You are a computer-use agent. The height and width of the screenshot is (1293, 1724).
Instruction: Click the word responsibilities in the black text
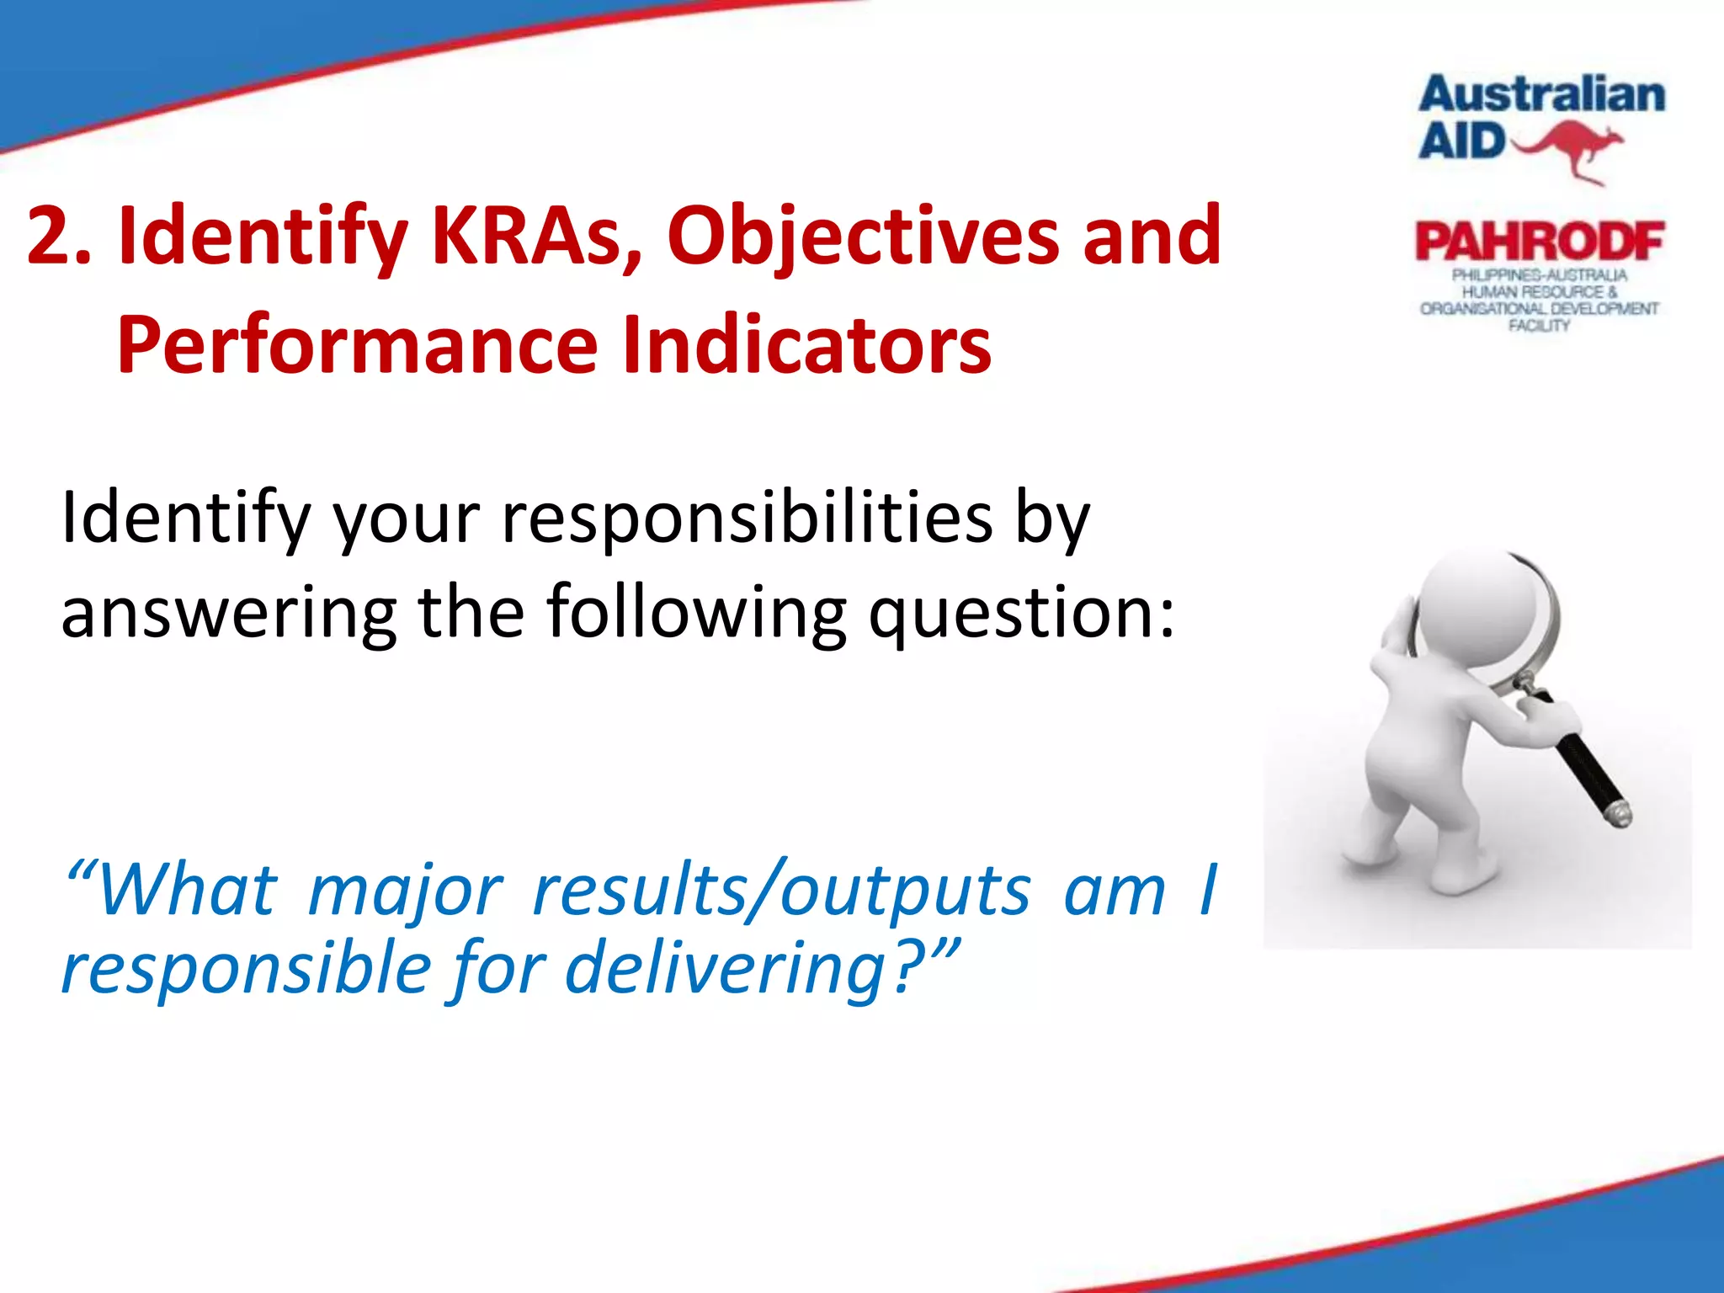748,519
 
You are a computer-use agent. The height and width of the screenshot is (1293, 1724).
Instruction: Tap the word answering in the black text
229,613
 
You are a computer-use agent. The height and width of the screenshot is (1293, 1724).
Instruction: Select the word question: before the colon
1020,613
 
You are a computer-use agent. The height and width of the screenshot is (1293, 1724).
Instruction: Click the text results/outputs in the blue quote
781,891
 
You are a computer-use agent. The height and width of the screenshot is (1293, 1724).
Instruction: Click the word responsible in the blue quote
247,968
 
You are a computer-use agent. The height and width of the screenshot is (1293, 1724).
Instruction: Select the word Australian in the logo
1541,94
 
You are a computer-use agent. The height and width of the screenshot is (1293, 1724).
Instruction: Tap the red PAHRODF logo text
1539,242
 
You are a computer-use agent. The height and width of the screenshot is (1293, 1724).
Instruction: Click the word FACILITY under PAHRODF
1539,326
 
